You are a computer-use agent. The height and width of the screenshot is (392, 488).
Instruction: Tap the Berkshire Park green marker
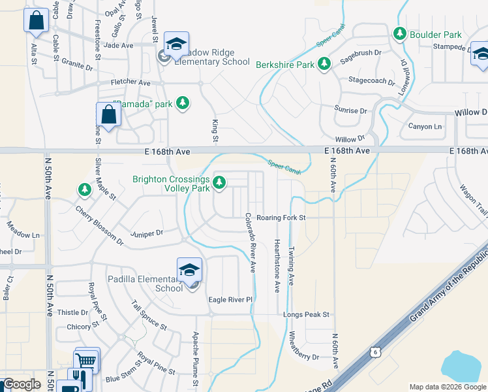[x=324, y=63]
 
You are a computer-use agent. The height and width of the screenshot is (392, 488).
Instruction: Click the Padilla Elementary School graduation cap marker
[x=189, y=269]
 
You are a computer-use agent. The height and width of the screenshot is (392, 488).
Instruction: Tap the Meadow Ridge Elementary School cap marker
[x=175, y=44]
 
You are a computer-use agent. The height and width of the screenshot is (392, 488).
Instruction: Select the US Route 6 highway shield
[x=374, y=351]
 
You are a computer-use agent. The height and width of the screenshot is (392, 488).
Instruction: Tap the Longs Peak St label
[x=307, y=315]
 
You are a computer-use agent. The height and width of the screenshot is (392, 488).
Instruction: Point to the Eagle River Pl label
[x=230, y=300]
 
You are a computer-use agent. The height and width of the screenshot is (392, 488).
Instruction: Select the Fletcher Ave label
[x=130, y=83]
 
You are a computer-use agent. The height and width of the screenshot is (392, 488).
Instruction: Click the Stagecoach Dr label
[x=372, y=82]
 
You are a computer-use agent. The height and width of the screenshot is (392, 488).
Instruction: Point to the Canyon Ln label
[x=425, y=126]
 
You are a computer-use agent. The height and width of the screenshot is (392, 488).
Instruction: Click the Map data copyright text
[x=448, y=387]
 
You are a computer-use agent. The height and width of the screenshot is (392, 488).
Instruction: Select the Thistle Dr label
[x=72, y=313]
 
